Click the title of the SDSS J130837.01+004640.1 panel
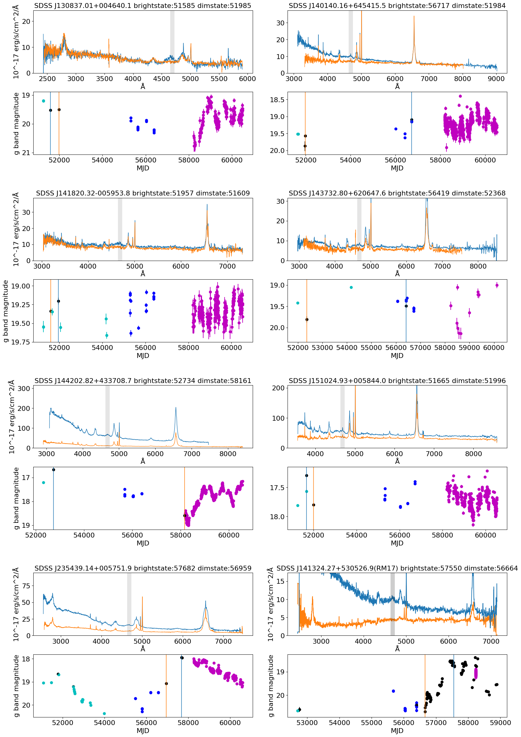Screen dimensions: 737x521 click(x=142, y=6)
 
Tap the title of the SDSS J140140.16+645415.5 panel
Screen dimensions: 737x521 click(x=397, y=6)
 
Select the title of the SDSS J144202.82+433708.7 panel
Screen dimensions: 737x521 click(x=142, y=381)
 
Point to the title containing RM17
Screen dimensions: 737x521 click(x=397, y=568)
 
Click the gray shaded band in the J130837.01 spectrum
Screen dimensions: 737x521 click(x=172, y=42)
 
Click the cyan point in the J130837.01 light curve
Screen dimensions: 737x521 click(x=44, y=101)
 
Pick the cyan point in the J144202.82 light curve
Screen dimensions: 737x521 click(x=44, y=483)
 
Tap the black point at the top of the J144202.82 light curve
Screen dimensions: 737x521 click(x=53, y=470)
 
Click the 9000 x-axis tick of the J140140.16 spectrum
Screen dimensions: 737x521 click(x=496, y=79)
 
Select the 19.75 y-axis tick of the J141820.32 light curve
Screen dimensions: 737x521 click(x=20, y=342)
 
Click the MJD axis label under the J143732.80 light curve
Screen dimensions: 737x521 click(x=397, y=355)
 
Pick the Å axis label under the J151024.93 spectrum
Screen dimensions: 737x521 click(x=397, y=461)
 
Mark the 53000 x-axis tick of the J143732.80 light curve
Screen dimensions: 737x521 click(x=322, y=348)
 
